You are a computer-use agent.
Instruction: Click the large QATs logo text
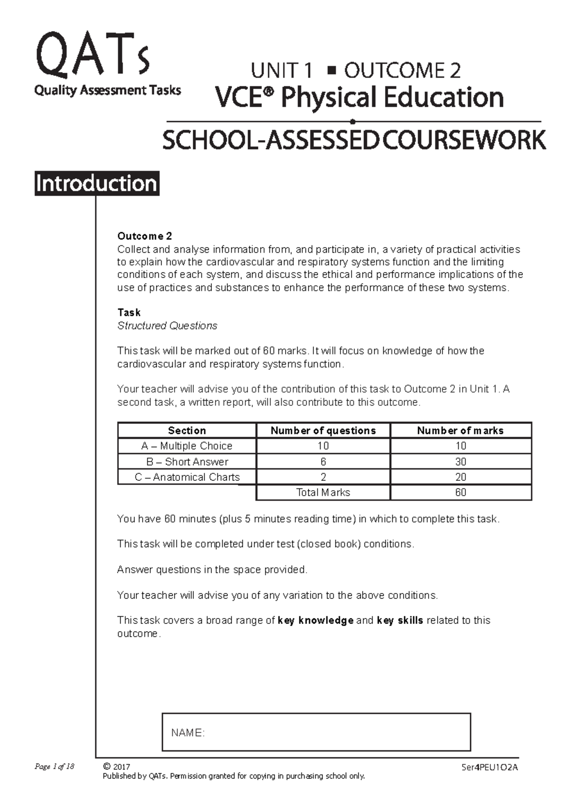tap(92, 56)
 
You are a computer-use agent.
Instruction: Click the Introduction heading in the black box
tap(97, 184)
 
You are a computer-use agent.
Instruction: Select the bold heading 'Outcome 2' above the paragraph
tap(144, 236)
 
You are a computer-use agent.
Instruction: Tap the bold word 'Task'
tap(129, 313)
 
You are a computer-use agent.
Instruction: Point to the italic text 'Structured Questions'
tap(167, 326)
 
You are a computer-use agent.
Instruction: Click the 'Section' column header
tap(187, 430)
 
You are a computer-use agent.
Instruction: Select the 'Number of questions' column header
tap(323, 430)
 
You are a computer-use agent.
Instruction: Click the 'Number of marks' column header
tap(460, 430)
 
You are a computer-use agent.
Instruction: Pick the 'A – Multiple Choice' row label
tap(187, 446)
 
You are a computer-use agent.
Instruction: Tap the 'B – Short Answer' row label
tap(187, 462)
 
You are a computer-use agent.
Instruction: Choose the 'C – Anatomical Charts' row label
tap(187, 477)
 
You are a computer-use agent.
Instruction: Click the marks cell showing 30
tap(460, 462)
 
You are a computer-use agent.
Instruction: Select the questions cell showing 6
tap(323, 462)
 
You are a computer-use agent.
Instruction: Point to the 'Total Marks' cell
tap(323, 492)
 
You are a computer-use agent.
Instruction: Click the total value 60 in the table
tap(460, 492)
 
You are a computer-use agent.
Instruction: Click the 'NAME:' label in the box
tap(188, 733)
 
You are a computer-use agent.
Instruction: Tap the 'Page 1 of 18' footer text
tap(54, 767)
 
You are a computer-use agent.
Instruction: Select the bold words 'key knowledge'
tap(315, 620)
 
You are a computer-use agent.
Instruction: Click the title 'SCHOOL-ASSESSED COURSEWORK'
tap(354, 140)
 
